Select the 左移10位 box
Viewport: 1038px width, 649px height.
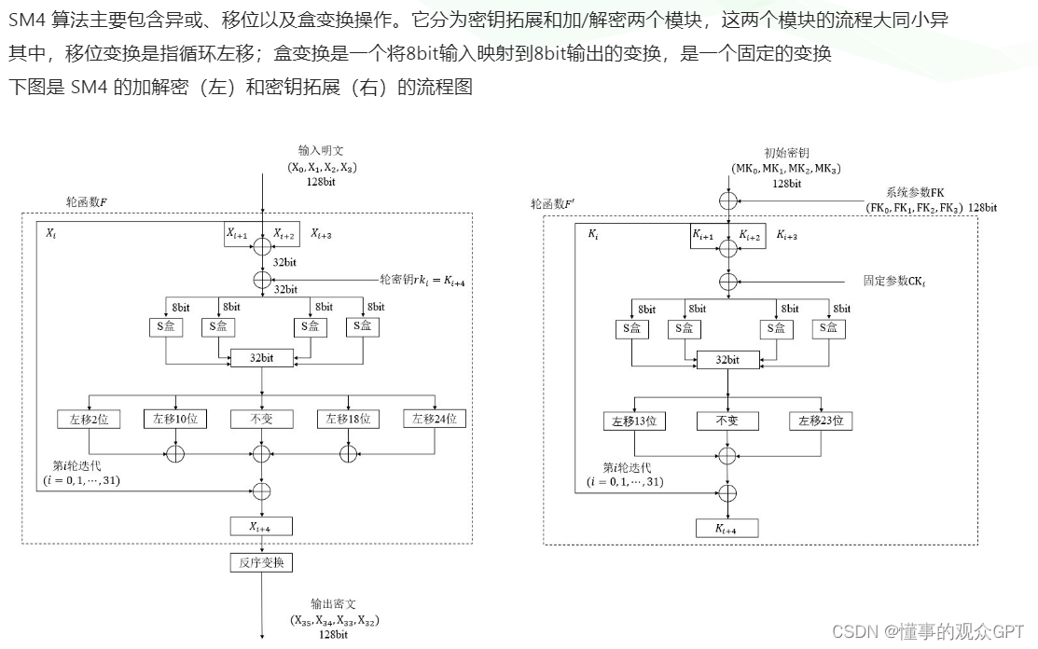173,419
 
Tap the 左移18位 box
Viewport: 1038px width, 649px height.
348,419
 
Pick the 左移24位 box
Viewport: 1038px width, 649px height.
435,419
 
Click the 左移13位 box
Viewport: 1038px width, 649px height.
634,421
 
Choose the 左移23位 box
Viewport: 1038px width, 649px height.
820,421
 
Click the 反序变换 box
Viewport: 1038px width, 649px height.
261,562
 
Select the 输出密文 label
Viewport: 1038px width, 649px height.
334,604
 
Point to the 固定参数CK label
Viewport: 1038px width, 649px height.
900,280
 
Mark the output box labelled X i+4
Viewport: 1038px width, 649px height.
261,526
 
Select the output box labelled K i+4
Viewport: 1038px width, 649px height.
727,528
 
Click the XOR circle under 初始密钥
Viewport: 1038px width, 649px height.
727,200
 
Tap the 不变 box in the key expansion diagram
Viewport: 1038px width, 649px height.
727,421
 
